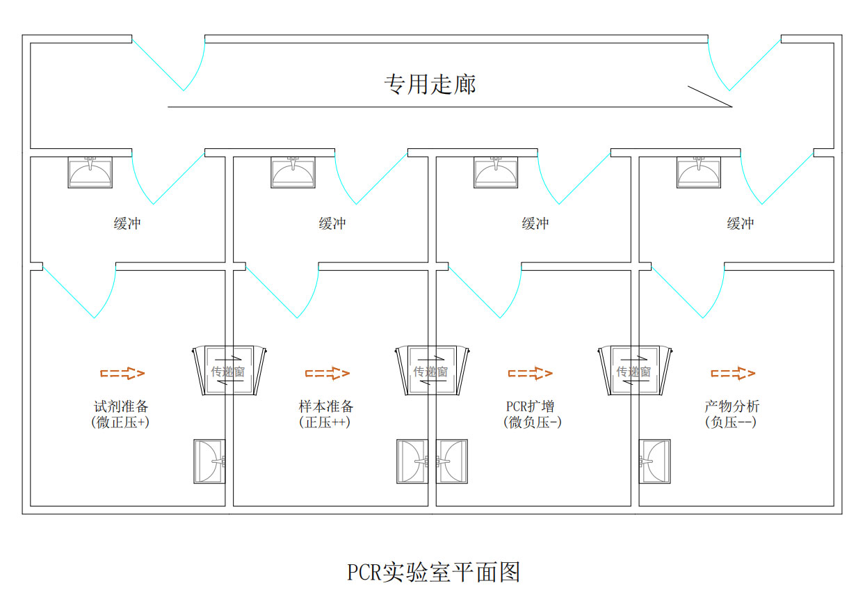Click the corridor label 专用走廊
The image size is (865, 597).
pyautogui.click(x=430, y=85)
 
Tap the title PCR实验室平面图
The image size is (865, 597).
pyautogui.click(x=434, y=572)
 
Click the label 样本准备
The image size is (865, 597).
pyautogui.click(x=325, y=406)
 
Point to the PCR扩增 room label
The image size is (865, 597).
pyautogui.click(x=531, y=406)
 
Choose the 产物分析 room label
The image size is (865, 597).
pyautogui.click(x=731, y=406)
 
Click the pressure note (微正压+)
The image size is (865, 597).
pyautogui.click(x=120, y=422)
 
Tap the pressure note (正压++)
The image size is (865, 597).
pyautogui.click(x=325, y=422)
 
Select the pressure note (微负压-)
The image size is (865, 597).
pyautogui.click(x=532, y=422)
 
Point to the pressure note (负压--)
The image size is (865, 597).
pyautogui.click(x=730, y=422)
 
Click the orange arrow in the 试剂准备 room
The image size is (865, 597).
pyautogui.click(x=123, y=374)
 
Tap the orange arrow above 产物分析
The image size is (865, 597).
pyautogui.click(x=733, y=374)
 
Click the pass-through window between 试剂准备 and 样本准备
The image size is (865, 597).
pyautogui.click(x=228, y=371)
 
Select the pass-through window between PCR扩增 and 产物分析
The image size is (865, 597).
pyautogui.click(x=633, y=371)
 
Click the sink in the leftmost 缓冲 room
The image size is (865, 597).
pyautogui.click(x=90, y=173)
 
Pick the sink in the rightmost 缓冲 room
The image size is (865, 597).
pyautogui.click(x=699, y=173)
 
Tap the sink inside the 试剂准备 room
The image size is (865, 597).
pyautogui.click(x=209, y=461)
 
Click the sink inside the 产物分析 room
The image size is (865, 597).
pyautogui.click(x=654, y=461)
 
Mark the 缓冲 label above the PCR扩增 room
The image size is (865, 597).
pyautogui.click(x=535, y=223)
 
